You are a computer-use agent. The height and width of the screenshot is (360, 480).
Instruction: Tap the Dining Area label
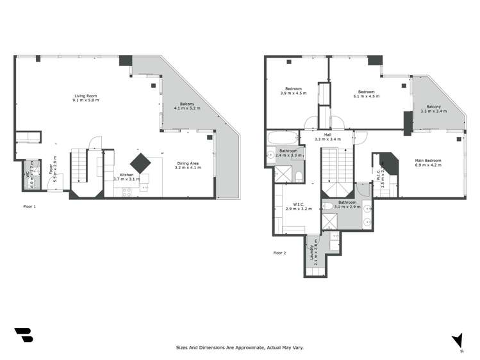[x=188, y=163]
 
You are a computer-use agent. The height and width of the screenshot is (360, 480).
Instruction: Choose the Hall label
[x=327, y=135]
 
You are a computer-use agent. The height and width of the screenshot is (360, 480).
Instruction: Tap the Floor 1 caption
[x=29, y=207]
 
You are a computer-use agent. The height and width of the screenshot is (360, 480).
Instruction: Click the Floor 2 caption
[x=280, y=253]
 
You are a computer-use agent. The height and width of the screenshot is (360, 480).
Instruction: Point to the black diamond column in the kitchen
[x=141, y=161]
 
